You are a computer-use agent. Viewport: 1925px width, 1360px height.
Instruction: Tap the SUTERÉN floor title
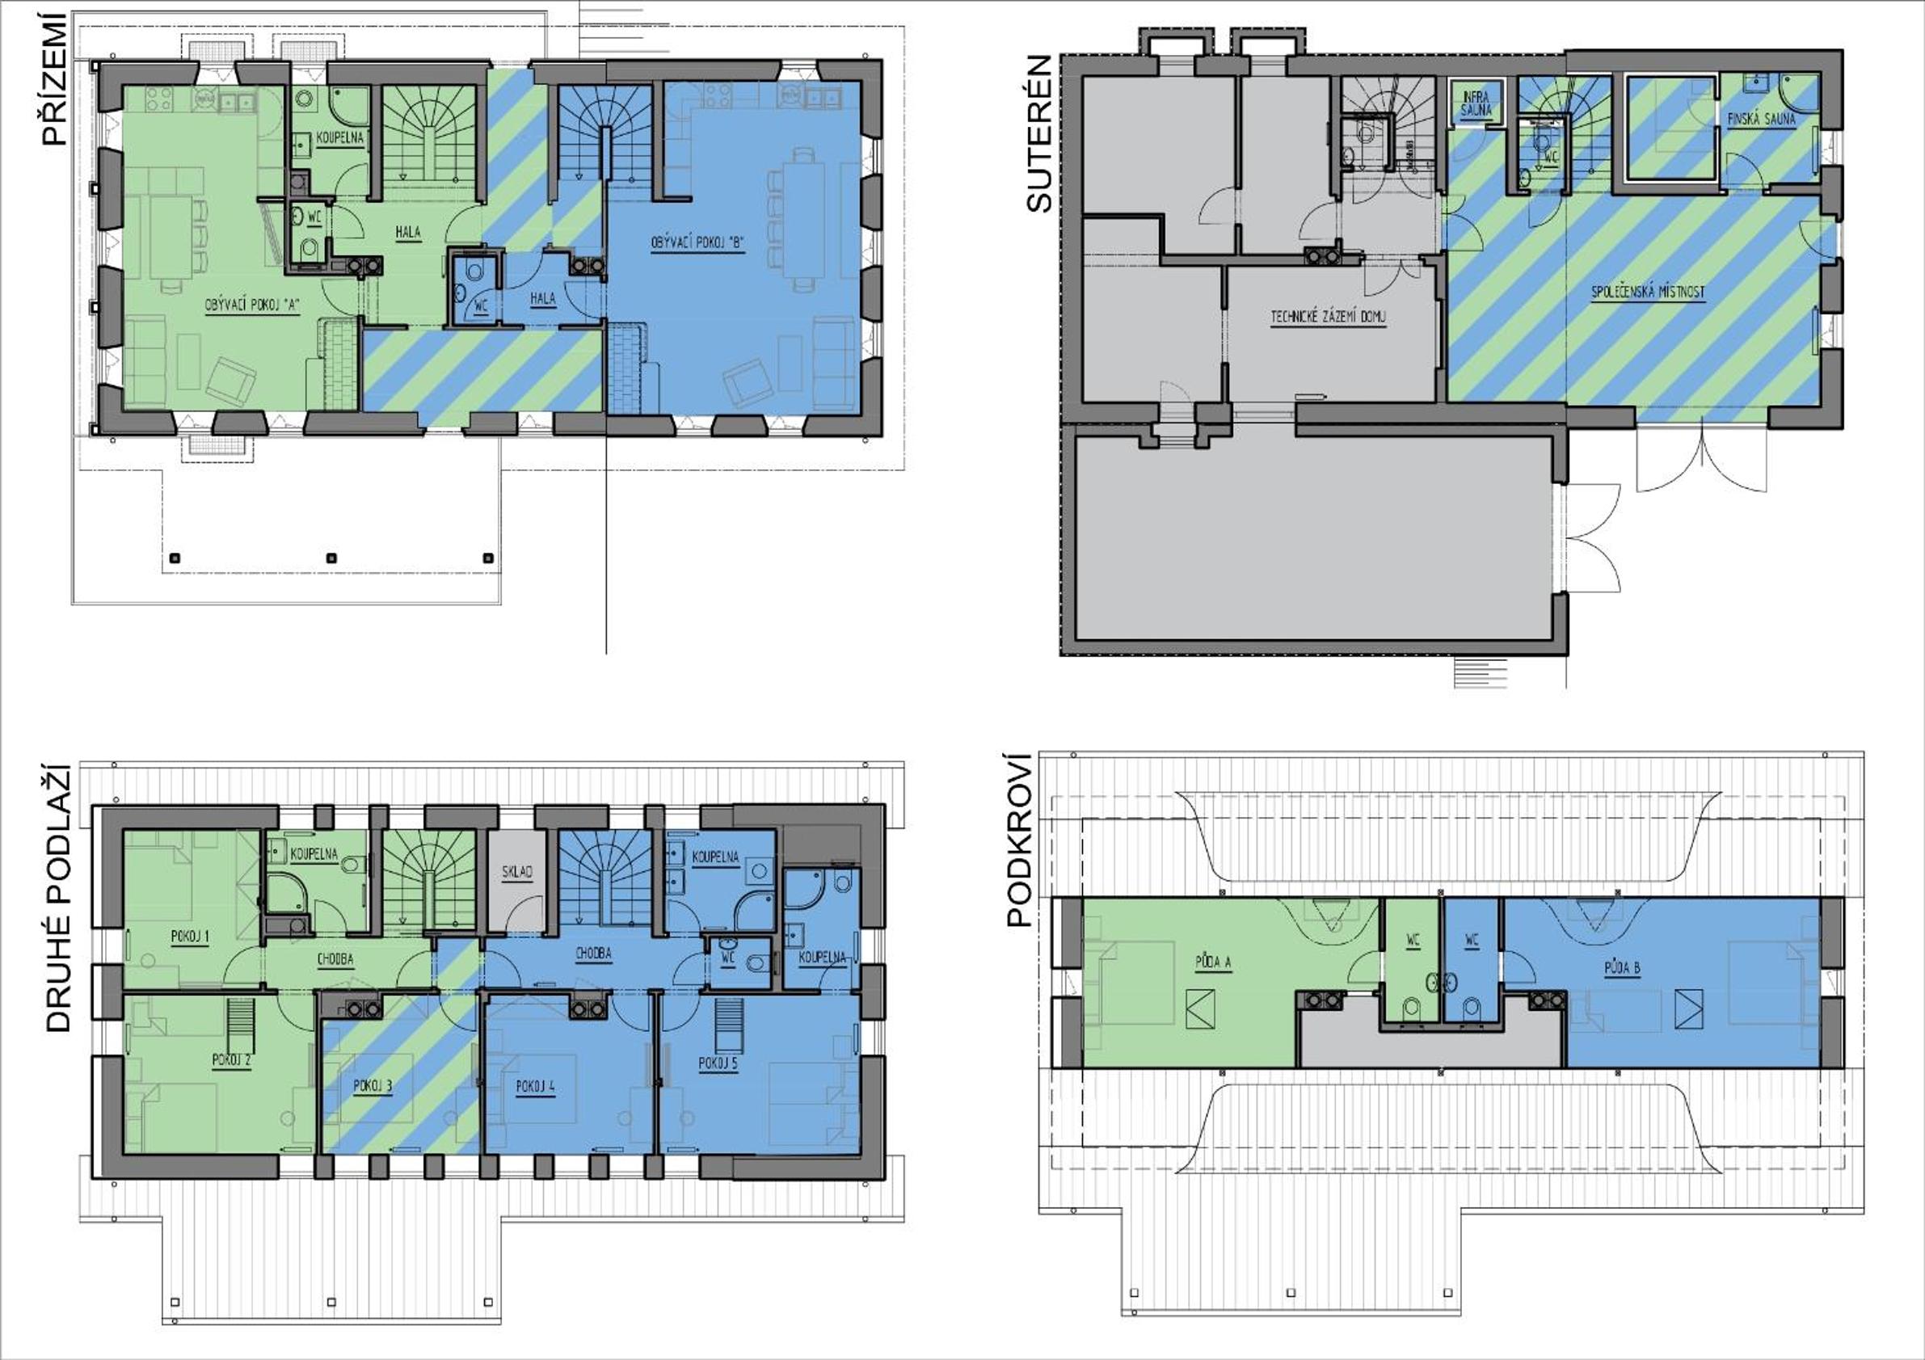(x=1038, y=133)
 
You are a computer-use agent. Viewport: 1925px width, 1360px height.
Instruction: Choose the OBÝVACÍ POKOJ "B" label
(x=697, y=243)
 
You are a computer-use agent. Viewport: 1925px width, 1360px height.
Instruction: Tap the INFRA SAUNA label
(x=1476, y=104)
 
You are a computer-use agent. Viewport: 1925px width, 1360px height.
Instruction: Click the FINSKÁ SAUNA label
(x=1762, y=120)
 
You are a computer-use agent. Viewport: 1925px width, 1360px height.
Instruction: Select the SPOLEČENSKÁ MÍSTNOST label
(x=1649, y=293)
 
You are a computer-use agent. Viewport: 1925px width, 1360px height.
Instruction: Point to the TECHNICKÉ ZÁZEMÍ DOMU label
(x=1328, y=317)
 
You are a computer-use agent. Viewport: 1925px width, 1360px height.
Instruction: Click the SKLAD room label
(x=517, y=872)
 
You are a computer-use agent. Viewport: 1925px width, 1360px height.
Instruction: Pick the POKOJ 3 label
(x=373, y=1087)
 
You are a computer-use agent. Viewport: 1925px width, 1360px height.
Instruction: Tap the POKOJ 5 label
(x=718, y=1064)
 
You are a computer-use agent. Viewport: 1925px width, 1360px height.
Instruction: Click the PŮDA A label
(x=1213, y=962)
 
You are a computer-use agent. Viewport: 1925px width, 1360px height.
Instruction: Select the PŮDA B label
(x=1622, y=968)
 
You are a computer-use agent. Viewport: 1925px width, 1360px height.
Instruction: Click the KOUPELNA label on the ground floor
(x=339, y=137)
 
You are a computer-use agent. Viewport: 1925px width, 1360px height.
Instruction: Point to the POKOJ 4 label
(x=535, y=1087)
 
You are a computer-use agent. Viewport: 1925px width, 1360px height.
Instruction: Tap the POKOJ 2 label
(x=231, y=1060)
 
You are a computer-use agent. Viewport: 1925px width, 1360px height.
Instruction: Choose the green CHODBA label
(x=335, y=959)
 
